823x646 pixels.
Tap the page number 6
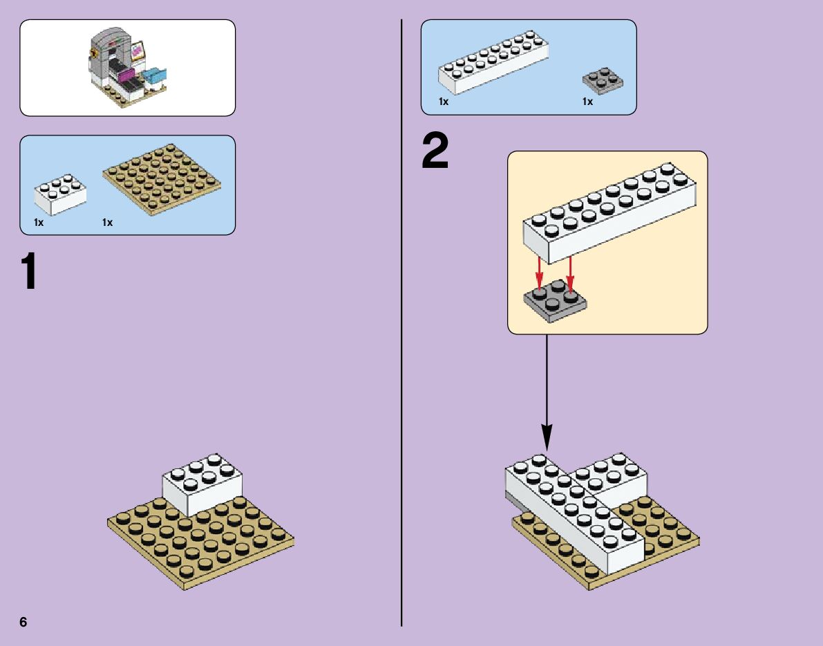23,621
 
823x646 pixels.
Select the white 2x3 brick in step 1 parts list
60,194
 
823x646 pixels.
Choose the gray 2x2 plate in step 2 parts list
604,79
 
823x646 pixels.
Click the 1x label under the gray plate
587,102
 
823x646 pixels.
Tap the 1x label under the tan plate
107,222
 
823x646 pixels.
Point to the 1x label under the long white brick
444,102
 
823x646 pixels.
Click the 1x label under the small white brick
39,222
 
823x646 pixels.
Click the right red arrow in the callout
570,272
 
